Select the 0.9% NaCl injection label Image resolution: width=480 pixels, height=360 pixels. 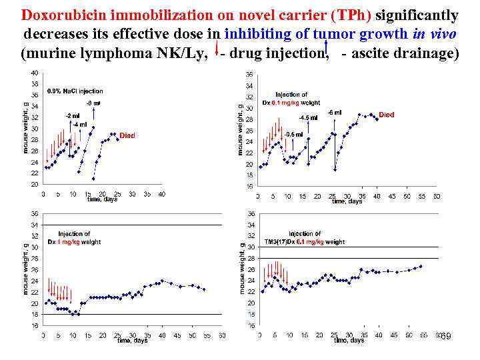pyautogui.click(x=75, y=91)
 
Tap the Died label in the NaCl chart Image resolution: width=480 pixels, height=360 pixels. pyautogui.click(x=127, y=135)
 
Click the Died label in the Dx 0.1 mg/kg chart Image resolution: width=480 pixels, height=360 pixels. pyautogui.click(x=387, y=115)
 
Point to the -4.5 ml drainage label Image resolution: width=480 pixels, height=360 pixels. pyautogui.click(x=308, y=118)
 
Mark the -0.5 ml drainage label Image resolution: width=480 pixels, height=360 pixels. pyautogui.click(x=293, y=135)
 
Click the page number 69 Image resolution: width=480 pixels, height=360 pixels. pyautogui.click(x=446, y=337)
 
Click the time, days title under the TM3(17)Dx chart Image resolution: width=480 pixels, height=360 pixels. pyautogui.click(x=349, y=341)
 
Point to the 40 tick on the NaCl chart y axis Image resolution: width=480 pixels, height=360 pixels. pyautogui.click(x=34, y=73)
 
